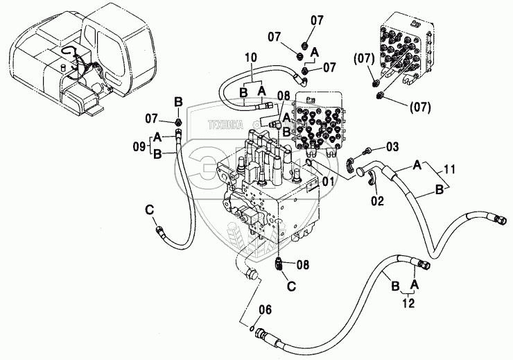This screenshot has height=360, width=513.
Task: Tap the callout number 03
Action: click(x=393, y=147)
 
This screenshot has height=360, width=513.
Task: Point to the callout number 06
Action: click(x=264, y=309)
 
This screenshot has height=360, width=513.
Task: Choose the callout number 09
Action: click(x=139, y=146)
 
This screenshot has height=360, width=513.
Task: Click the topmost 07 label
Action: click(x=316, y=21)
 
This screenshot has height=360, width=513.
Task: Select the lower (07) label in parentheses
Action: click(x=421, y=107)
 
